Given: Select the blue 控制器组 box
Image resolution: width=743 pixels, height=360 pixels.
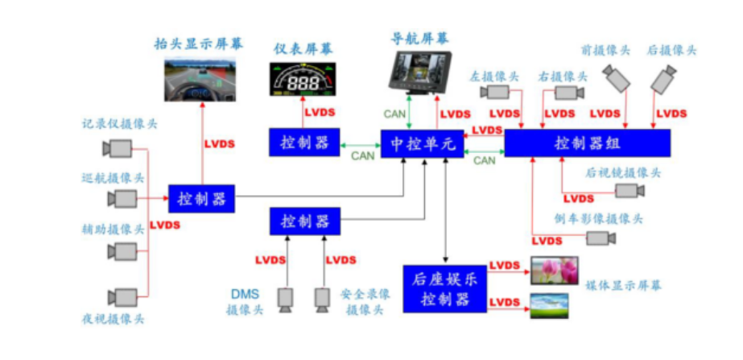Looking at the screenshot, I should click(x=588, y=143).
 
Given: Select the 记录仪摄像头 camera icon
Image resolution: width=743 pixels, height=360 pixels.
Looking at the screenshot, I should click(x=118, y=148).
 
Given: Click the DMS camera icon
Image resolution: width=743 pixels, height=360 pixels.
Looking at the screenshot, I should click(x=286, y=298).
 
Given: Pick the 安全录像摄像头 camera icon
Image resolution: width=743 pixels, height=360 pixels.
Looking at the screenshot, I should click(x=323, y=298).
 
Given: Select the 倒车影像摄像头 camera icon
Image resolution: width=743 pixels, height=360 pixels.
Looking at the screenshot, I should click(x=600, y=238).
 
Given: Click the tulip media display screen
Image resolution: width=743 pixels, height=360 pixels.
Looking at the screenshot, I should click(x=554, y=271).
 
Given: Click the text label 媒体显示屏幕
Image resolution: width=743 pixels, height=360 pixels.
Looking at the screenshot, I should click(x=623, y=286).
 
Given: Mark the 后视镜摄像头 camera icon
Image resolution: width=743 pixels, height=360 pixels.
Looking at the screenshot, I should click(x=629, y=191).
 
